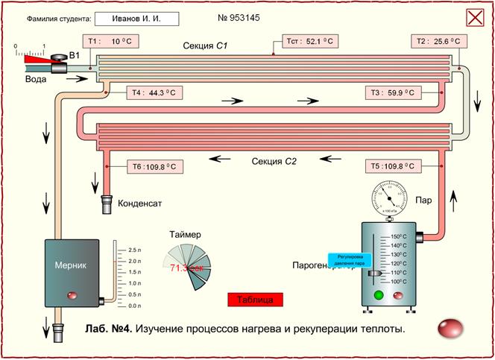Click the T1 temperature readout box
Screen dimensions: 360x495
click(x=110, y=42)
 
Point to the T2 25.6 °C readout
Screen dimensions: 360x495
click(x=438, y=42)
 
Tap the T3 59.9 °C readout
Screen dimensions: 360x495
click(x=394, y=93)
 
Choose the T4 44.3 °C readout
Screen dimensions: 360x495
click(x=153, y=93)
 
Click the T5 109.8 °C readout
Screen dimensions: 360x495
click(x=394, y=166)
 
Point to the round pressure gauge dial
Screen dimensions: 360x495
click(x=388, y=198)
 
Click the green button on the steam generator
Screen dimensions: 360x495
click(x=379, y=296)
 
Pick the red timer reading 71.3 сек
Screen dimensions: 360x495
click(x=187, y=267)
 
